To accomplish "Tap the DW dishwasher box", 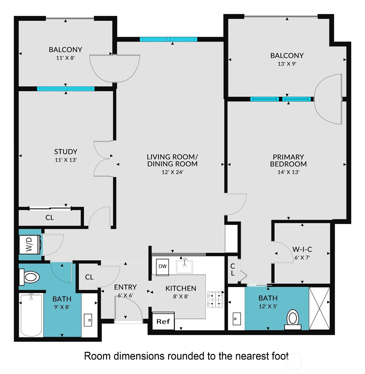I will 162,266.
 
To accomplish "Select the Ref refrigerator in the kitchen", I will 163,321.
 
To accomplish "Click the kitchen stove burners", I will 215,300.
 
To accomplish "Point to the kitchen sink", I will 184,266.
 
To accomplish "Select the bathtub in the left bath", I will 31,315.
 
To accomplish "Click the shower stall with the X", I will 319,308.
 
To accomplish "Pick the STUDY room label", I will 66,152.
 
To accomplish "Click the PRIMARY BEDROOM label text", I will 288,160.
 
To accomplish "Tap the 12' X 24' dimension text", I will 172,172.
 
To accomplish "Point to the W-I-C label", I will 302,249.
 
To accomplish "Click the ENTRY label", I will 125,287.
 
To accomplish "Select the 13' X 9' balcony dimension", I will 287,64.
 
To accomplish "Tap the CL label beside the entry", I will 89,277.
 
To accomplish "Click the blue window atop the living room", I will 168,39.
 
